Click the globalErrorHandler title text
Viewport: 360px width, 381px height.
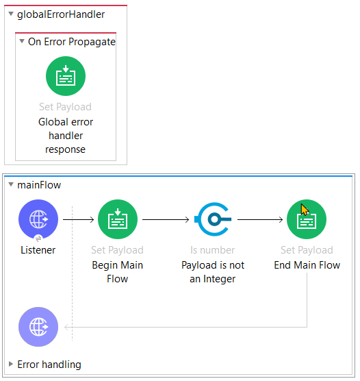(61, 14)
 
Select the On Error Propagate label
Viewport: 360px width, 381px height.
(72, 42)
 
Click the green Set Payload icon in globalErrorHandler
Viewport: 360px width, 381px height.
(66, 76)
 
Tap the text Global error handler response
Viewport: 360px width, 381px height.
(66, 136)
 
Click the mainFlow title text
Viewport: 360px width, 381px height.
(39, 185)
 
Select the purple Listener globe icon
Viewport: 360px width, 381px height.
(38, 219)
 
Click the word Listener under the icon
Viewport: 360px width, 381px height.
(38, 250)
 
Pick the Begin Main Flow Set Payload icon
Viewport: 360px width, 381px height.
(118, 219)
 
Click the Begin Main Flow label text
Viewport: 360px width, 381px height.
(118, 272)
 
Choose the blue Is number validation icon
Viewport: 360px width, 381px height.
(213, 219)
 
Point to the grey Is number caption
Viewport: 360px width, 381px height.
(213, 250)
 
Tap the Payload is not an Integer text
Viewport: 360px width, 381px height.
(213, 272)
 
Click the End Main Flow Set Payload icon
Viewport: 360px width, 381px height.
(307, 219)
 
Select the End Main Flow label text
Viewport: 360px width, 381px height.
(307, 265)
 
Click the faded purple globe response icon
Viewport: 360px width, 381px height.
(38, 327)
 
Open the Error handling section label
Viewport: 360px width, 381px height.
(49, 365)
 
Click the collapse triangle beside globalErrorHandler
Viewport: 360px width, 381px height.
(11, 14)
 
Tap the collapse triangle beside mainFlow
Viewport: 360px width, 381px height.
(11, 185)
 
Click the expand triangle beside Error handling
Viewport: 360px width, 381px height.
(11, 365)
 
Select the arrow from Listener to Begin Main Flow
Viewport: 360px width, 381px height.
(78, 219)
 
